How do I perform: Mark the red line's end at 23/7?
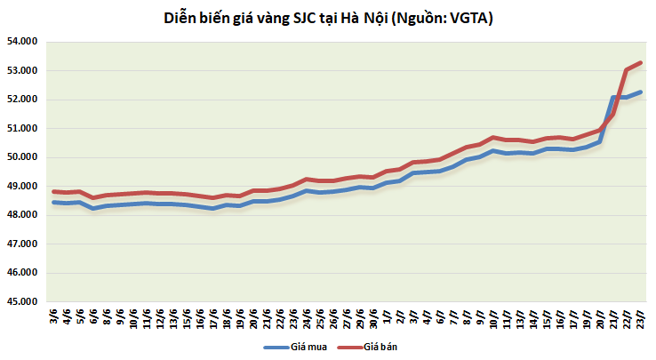point(641,63)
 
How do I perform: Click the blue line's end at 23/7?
point(641,92)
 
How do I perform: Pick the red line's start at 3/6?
point(54,191)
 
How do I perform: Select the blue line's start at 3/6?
point(54,203)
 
